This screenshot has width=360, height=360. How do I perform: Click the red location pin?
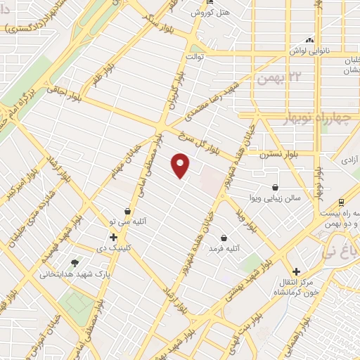(x=181, y=165)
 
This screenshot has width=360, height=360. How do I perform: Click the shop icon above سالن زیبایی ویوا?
(x=274, y=187)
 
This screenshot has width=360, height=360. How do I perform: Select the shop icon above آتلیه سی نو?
(x=127, y=210)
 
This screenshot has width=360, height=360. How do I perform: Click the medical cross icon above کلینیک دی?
(x=113, y=236)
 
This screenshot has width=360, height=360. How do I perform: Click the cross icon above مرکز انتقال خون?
(x=297, y=271)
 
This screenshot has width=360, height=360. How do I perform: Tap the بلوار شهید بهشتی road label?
(x=239, y=288)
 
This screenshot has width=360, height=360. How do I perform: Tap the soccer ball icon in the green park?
(x=75, y=302)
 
